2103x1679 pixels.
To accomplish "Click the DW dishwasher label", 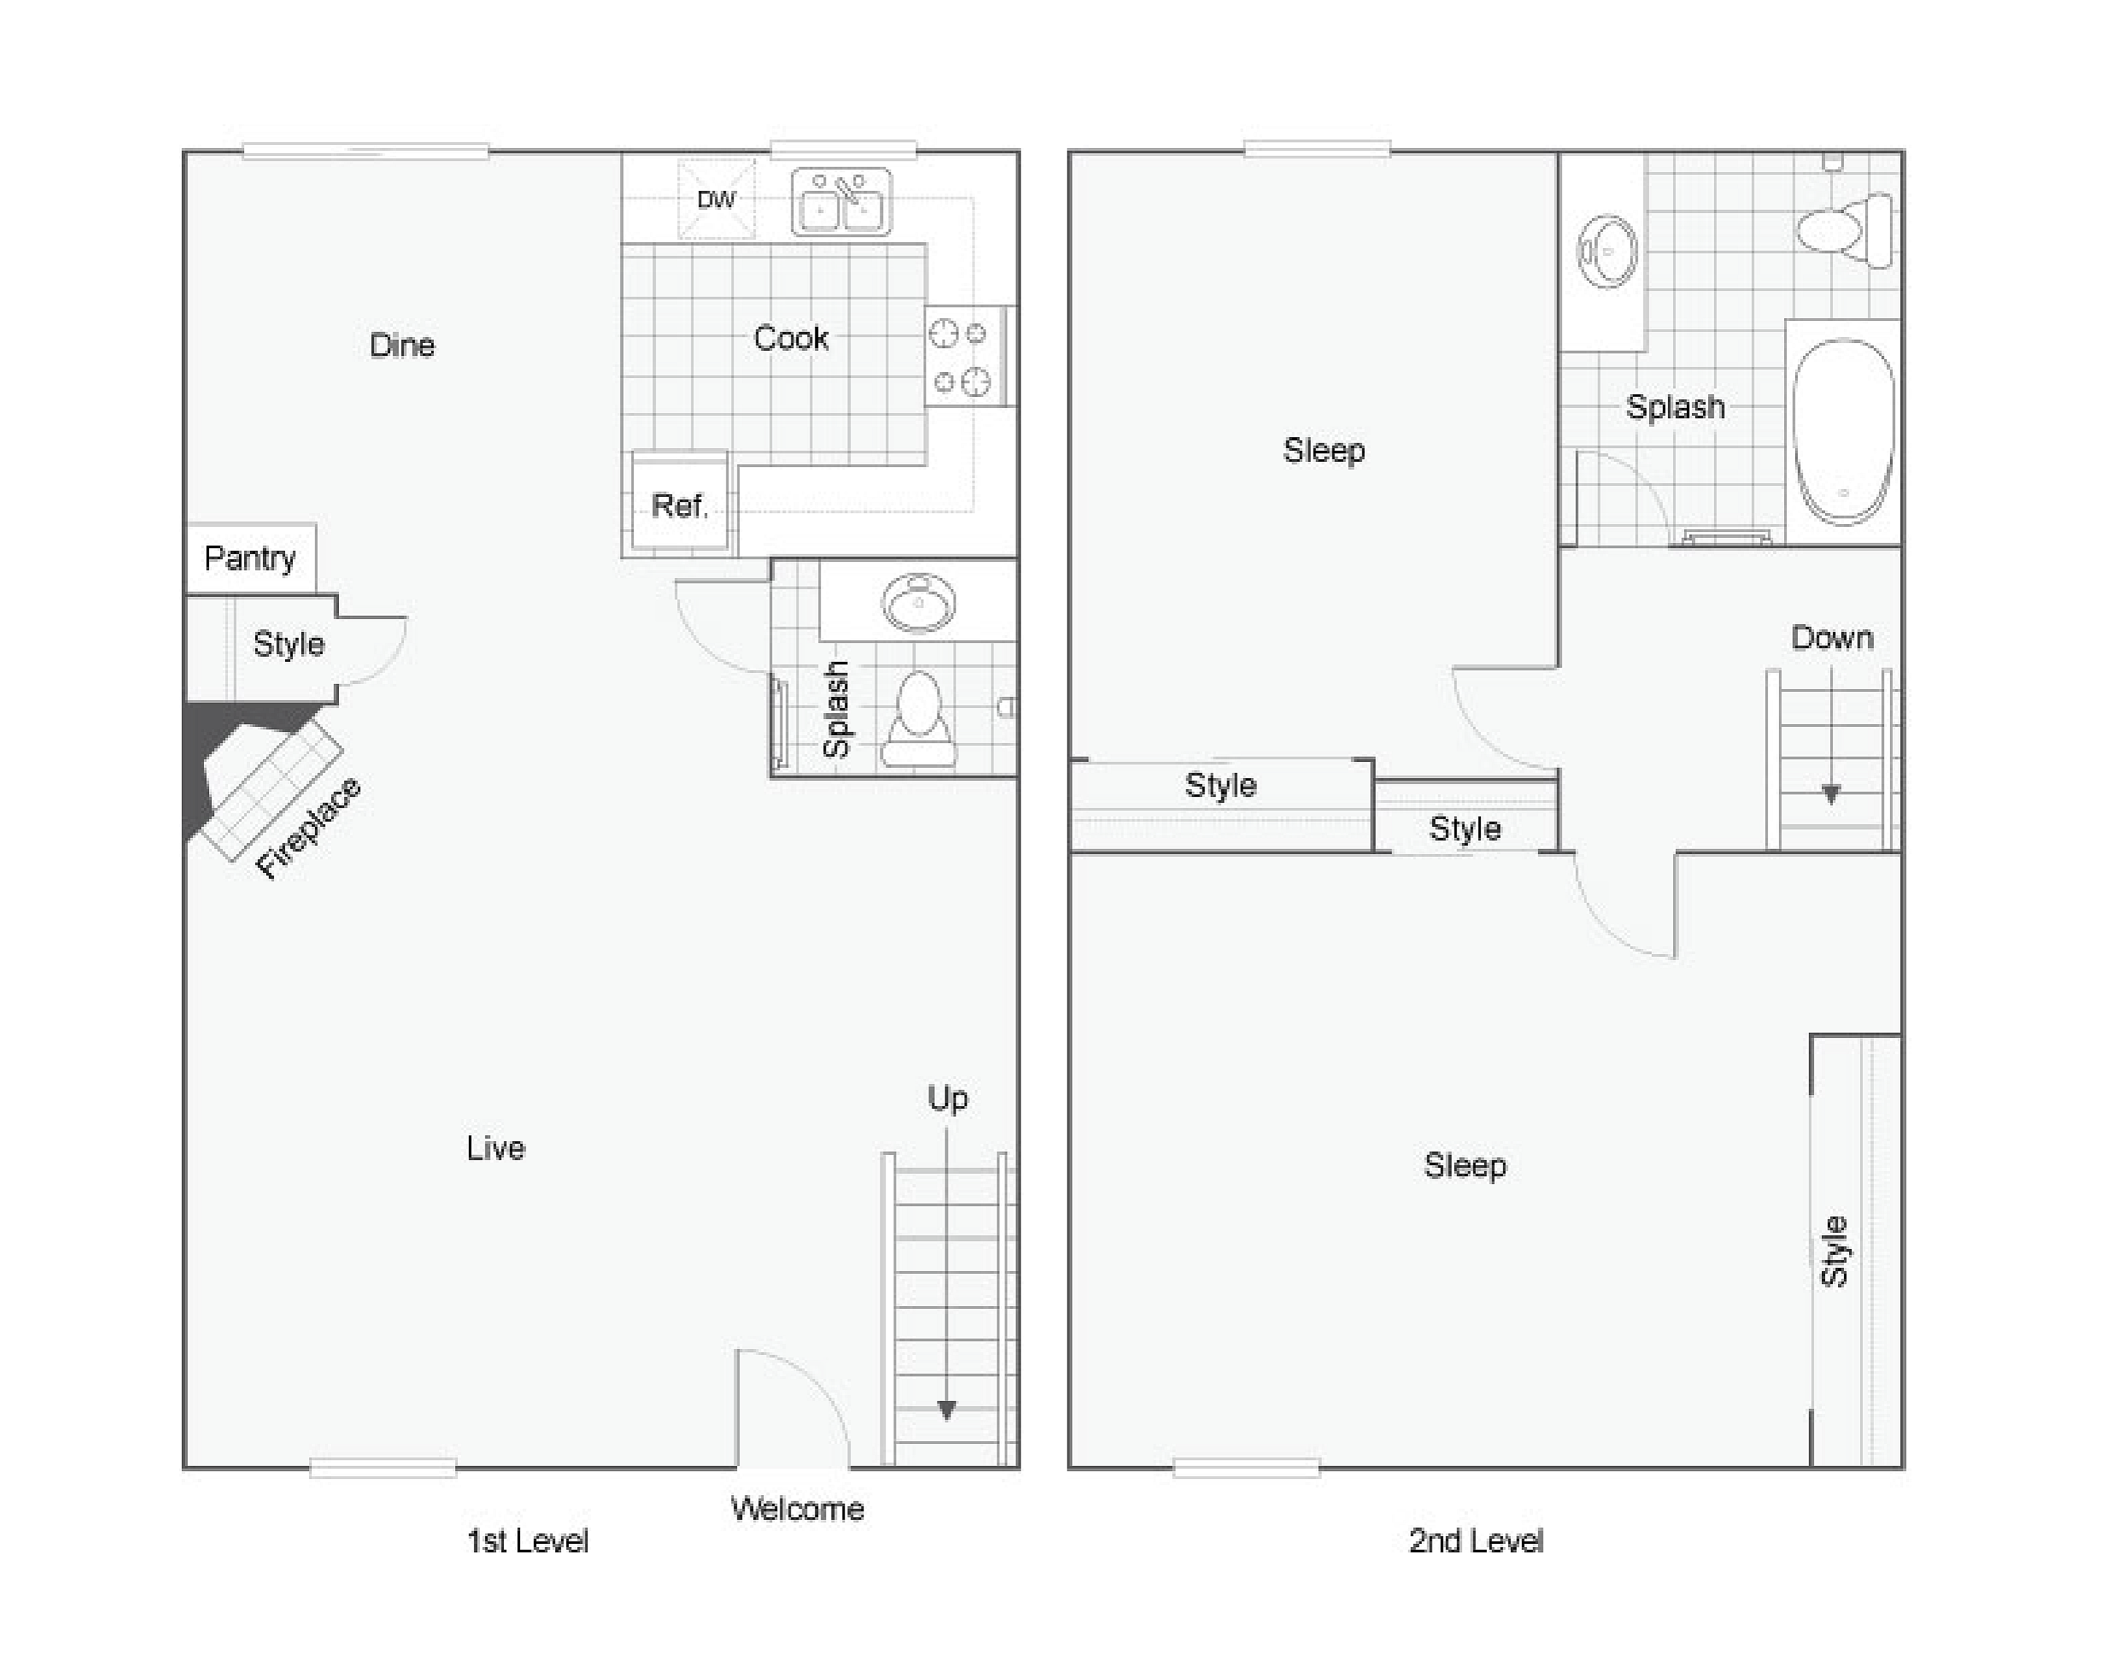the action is (716, 200).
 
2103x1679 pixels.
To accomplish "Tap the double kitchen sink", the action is (841, 202).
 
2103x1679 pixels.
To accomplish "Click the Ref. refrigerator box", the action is (680, 501).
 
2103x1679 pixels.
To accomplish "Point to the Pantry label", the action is (250, 559).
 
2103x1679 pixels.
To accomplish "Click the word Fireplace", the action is (308, 828).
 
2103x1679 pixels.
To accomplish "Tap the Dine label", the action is (402, 346).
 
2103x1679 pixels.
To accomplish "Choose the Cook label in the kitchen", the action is (791, 338).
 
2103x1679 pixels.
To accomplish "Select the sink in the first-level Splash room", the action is (918, 602).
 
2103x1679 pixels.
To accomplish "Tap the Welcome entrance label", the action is (797, 1509).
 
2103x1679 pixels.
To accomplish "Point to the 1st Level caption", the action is (528, 1541).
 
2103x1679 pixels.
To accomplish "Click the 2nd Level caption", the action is (1476, 1541).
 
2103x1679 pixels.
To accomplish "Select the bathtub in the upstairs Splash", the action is (1843, 431).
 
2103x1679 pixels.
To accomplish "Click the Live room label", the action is (495, 1148).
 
